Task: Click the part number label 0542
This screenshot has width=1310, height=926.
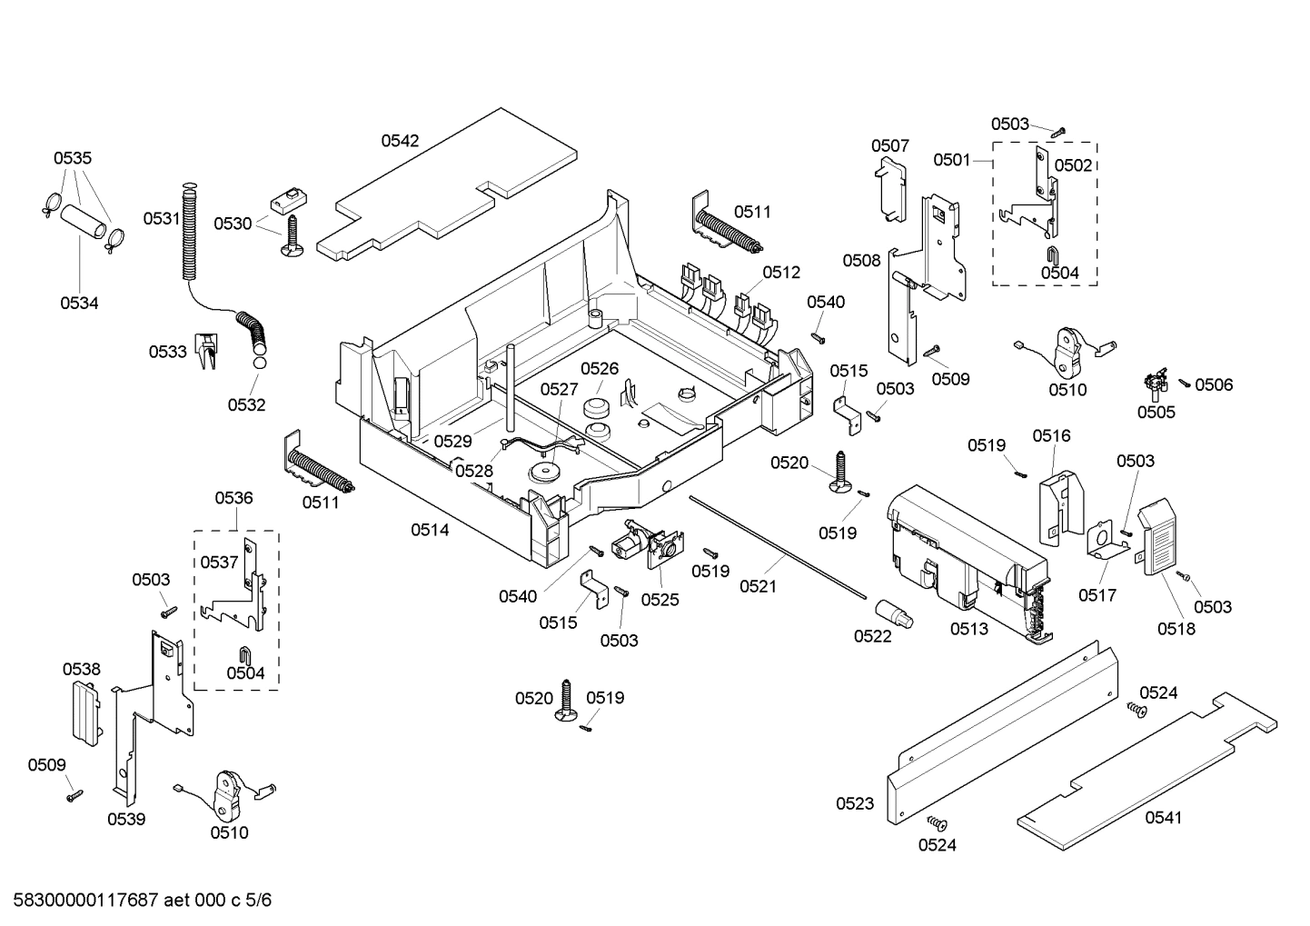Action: (400, 141)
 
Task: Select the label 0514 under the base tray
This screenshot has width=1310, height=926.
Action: (429, 530)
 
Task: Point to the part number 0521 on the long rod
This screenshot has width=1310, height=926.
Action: (758, 587)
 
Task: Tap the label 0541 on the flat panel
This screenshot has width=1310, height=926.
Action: (1163, 818)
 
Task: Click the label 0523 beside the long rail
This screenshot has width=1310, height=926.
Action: (855, 803)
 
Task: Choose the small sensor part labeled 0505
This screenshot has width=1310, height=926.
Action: (1156, 384)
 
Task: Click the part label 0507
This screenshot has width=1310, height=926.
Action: (889, 146)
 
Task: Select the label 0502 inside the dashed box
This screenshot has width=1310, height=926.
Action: (1072, 165)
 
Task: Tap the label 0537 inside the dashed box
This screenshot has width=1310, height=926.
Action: (219, 563)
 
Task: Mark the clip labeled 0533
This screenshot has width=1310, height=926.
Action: (208, 351)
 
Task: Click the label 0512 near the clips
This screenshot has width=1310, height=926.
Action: (781, 273)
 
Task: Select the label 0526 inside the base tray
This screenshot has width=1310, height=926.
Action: (600, 369)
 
